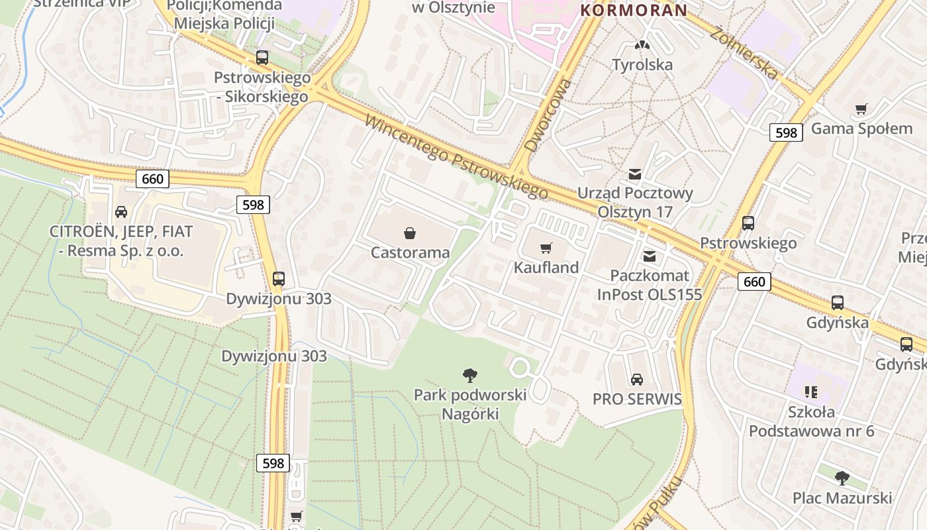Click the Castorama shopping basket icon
410,233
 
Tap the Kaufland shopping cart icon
546,248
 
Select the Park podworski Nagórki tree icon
470,376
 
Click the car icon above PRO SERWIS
636,380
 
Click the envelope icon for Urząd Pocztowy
634,175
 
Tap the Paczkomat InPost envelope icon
650,256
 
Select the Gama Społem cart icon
861,109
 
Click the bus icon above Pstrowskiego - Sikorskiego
262,58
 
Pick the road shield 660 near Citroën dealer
152,179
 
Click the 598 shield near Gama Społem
786,132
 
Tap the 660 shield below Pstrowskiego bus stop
754,282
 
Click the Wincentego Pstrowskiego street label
456,158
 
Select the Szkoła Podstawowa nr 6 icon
810,392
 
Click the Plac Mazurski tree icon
842,478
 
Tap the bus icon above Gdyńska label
838,303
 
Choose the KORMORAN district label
634,11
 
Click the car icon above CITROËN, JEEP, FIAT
121,212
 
